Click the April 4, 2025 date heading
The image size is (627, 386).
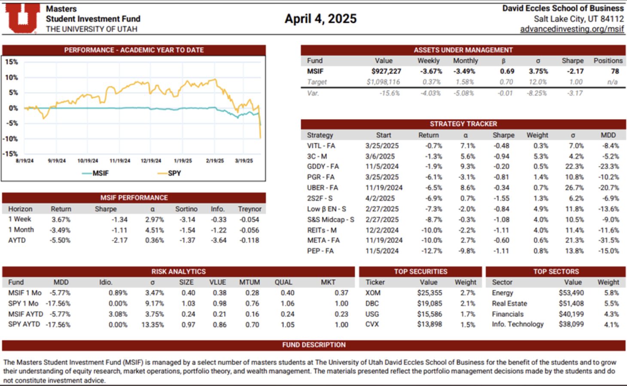pyautogui.click(x=320, y=19)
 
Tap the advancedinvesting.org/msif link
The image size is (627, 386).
pyautogui.click(x=572, y=29)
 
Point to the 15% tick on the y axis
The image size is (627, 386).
pyautogui.click(x=12, y=62)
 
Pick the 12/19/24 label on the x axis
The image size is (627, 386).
pyautogui.click(x=151, y=161)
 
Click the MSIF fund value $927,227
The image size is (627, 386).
pyautogui.click(x=386, y=71)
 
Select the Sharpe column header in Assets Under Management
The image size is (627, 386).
pyautogui.click(x=572, y=61)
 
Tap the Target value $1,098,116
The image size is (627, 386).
pyautogui.click(x=383, y=82)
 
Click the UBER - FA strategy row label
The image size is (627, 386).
pyautogui.click(x=322, y=188)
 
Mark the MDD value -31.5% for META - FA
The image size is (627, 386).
pyautogui.click(x=609, y=241)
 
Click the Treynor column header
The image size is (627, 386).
pyautogui.click(x=250, y=209)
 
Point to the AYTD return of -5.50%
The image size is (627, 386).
pyautogui.click(x=60, y=241)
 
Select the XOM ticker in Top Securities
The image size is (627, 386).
pyautogui.click(x=373, y=293)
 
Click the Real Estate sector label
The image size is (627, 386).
pyautogui.click(x=509, y=304)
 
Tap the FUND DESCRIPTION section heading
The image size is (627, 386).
pyautogui.click(x=313, y=345)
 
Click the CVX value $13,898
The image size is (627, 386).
pyautogui.click(x=429, y=325)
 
